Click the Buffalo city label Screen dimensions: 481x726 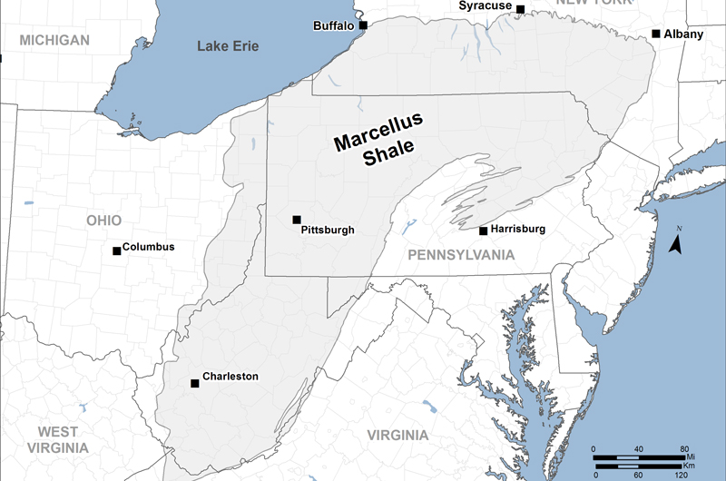tap(334, 25)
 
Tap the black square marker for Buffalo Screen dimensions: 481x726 tap(363, 25)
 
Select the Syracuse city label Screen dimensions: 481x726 tap(485, 6)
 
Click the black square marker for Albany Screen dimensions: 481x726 tap(656, 34)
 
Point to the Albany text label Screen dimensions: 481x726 tap(683, 34)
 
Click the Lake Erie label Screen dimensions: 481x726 tap(228, 46)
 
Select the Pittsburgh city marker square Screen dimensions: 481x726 tap(296, 220)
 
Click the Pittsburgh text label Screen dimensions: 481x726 tap(327, 231)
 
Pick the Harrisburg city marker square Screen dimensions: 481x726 tap(483, 231)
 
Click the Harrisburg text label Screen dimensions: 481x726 tap(517, 230)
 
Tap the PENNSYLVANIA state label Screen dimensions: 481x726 tap(461, 255)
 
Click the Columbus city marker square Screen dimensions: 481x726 tap(116, 250)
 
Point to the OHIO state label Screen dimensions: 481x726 tap(103, 221)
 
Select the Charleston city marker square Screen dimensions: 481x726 tap(194, 383)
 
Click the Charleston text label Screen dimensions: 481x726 tap(231, 376)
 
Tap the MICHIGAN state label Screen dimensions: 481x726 tap(54, 40)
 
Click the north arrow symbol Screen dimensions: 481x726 tap(675, 242)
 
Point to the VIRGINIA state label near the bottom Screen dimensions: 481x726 tap(397, 436)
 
